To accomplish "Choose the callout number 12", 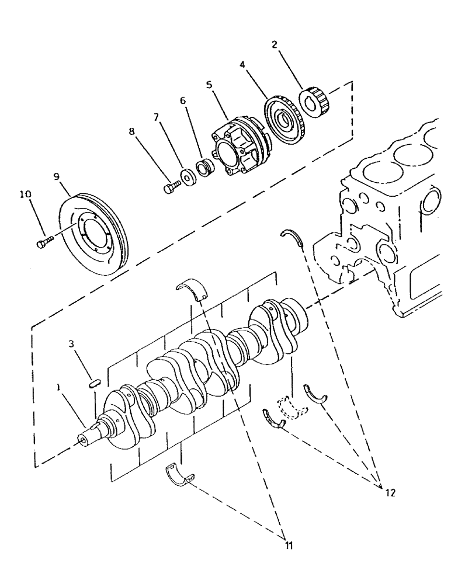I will pos(390,492).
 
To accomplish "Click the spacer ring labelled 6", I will pos(207,166).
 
